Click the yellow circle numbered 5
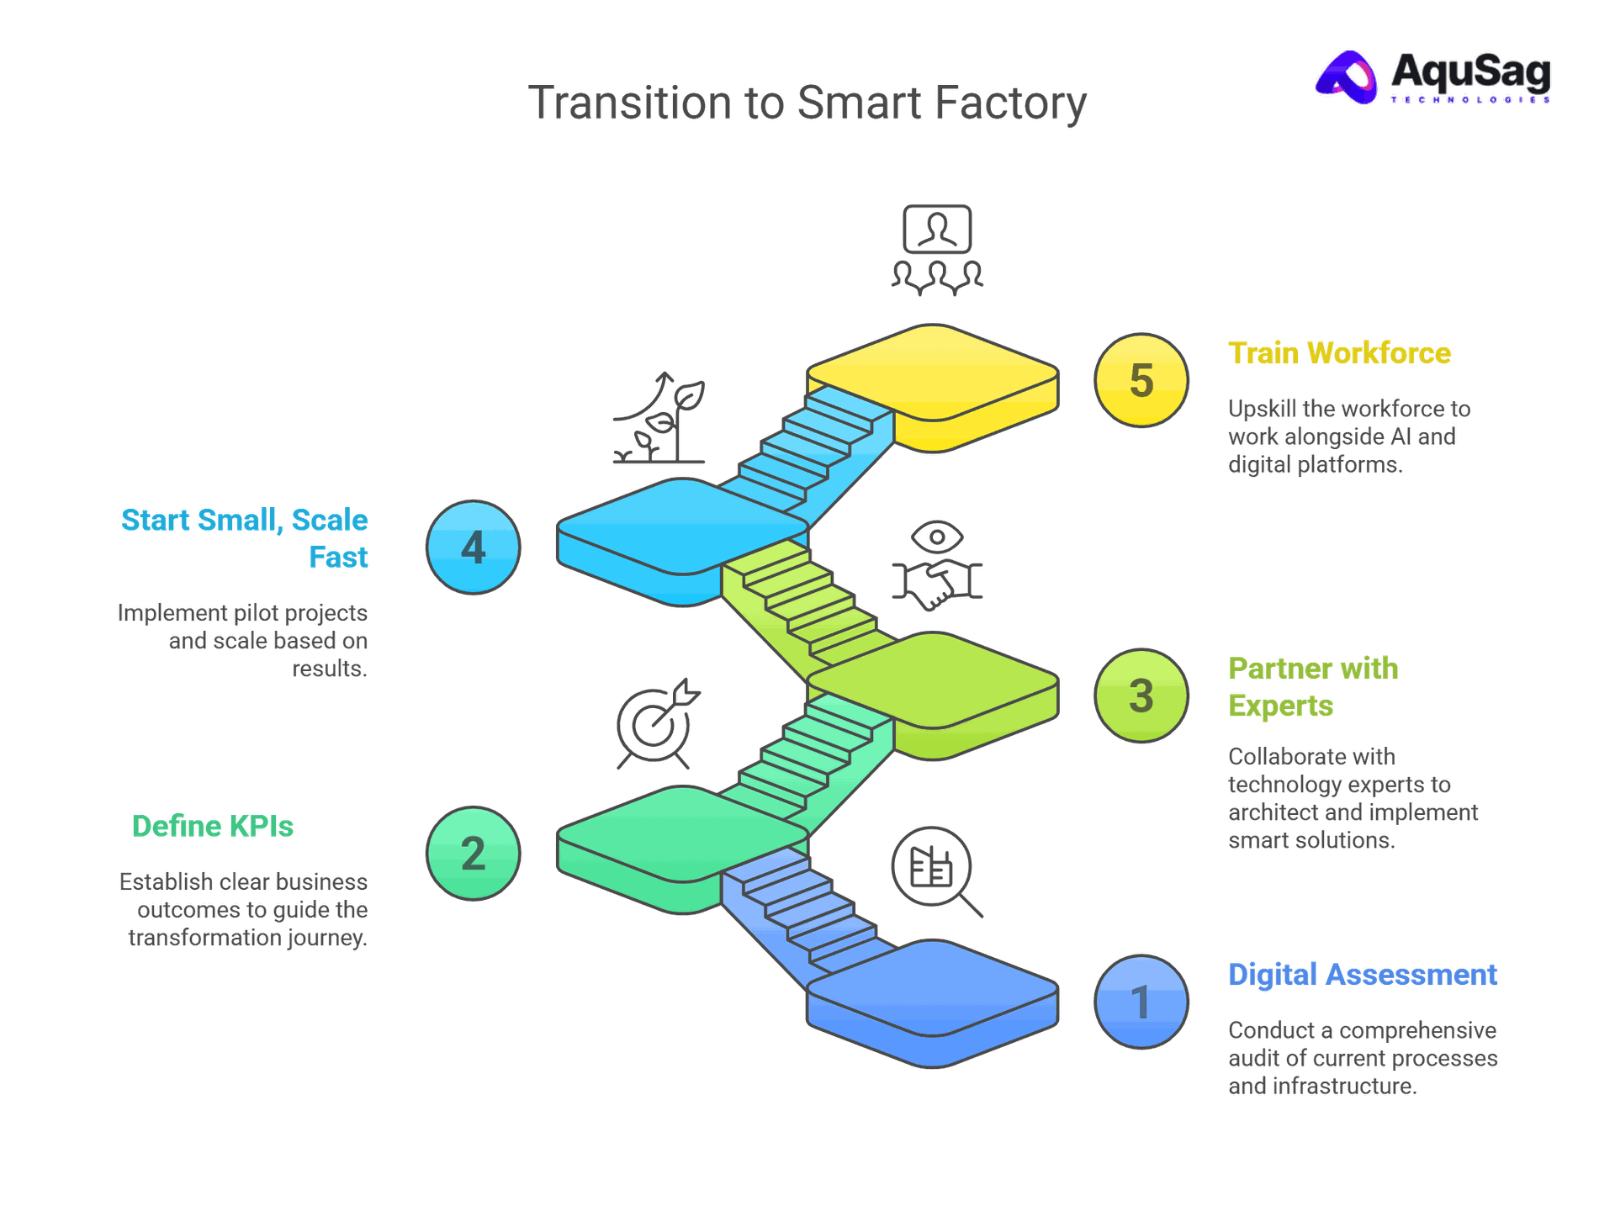coord(1141,380)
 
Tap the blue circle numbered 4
coord(473,547)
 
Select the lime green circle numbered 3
coord(1141,696)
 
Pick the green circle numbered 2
coord(473,854)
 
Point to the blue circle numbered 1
coord(1141,1002)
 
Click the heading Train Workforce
coord(1339,353)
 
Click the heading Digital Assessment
coord(1363,975)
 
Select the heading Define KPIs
coord(213,827)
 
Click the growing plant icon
coord(661,418)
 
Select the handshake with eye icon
coord(937,565)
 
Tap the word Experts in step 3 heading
coord(1280,706)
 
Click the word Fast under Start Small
coord(338,558)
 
